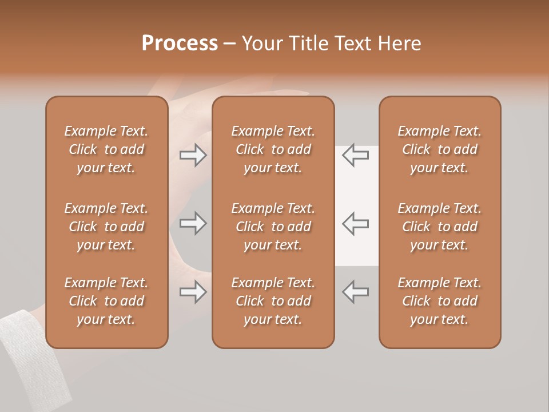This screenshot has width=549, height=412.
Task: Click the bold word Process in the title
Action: point(180,43)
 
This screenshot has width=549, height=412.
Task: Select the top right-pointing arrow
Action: point(193,155)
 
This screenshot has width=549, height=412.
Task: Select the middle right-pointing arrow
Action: point(193,223)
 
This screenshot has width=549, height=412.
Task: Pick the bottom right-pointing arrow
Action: point(193,292)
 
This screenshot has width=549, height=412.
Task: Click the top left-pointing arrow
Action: point(356,155)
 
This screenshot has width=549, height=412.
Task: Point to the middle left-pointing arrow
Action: point(356,223)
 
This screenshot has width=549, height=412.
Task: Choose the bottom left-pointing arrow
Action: point(356,292)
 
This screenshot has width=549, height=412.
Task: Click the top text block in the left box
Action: point(106,149)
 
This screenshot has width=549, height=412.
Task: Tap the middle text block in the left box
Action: point(106,227)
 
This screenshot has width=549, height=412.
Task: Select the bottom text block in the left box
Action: point(106,301)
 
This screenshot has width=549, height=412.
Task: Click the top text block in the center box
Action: point(273,149)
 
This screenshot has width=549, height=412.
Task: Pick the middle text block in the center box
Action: point(273,227)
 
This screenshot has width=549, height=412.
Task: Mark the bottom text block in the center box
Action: point(273,301)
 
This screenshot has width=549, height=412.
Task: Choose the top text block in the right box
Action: point(439,149)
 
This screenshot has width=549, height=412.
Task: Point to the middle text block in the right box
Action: point(439,227)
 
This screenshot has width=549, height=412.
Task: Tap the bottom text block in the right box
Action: point(439,301)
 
